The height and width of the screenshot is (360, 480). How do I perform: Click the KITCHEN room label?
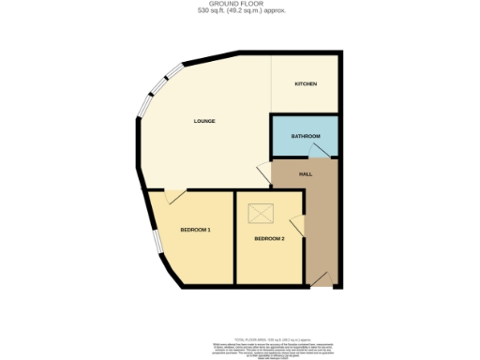pyautogui.click(x=307, y=84)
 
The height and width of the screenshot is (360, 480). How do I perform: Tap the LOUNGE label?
pyautogui.click(x=204, y=121)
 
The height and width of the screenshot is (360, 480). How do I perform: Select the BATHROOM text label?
pyautogui.click(x=306, y=137)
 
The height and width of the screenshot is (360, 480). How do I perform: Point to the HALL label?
pyautogui.click(x=306, y=174)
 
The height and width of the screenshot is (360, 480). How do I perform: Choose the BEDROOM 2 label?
pyautogui.click(x=269, y=239)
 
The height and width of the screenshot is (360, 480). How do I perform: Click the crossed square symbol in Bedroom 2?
pyautogui.click(x=260, y=215)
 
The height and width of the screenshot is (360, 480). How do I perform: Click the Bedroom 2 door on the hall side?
pyautogui.click(x=297, y=225)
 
